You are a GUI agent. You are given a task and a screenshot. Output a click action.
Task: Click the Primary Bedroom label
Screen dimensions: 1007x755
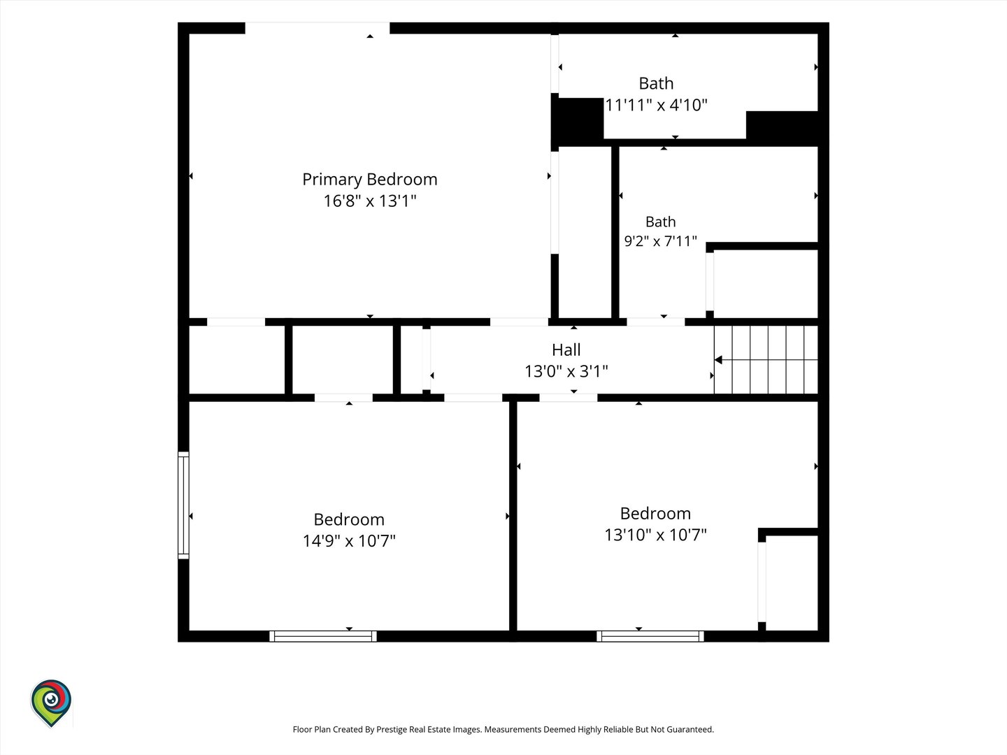pos(370,179)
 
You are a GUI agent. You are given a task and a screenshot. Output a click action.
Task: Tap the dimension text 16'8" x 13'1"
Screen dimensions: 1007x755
pos(370,201)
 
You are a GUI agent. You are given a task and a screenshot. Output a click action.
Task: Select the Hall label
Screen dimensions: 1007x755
pos(566,350)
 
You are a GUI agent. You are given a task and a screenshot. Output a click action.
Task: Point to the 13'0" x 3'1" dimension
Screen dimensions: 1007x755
pos(566,371)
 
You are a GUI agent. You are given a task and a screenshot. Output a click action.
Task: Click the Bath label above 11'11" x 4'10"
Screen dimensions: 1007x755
pos(656,83)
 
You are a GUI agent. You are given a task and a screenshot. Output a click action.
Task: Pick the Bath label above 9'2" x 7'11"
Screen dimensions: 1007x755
pos(661,222)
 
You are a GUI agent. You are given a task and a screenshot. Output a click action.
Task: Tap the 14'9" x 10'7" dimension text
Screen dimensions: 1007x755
pos(349,541)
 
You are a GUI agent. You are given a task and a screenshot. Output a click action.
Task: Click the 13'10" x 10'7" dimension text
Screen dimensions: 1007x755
pos(655,535)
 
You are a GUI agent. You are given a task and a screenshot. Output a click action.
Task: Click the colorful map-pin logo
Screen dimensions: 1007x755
pos(51,703)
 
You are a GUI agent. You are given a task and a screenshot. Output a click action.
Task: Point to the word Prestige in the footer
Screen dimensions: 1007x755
pos(392,729)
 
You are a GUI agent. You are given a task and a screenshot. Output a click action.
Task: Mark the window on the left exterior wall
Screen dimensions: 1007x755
pos(183,505)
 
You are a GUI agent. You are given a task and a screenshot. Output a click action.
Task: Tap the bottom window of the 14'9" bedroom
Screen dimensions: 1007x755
pos(323,636)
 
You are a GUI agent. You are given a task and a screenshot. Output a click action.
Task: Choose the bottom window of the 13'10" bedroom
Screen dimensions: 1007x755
pos(650,636)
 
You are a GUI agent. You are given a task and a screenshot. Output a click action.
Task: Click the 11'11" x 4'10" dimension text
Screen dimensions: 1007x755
pos(656,105)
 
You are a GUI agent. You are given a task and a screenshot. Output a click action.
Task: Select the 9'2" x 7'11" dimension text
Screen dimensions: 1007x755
pos(661,240)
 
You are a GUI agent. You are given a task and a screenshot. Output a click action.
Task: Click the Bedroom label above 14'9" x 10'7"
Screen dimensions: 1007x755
pos(349,519)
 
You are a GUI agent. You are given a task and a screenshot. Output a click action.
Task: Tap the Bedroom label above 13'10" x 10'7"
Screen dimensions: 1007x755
pos(655,513)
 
